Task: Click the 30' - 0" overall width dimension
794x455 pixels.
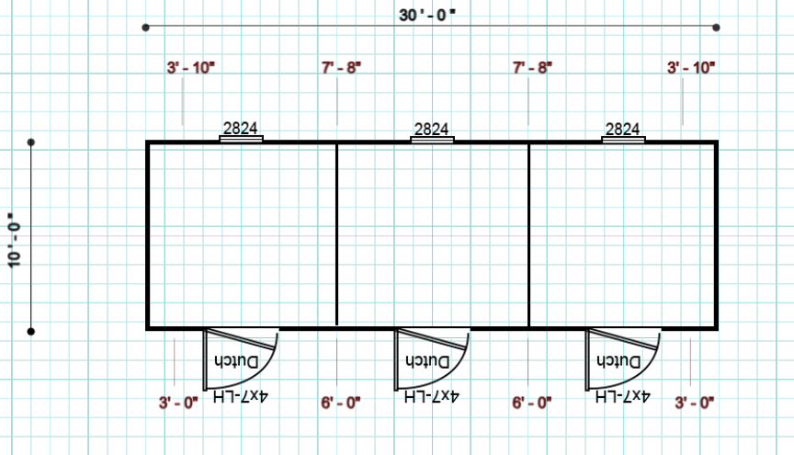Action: (427, 15)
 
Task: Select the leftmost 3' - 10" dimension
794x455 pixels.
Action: (191, 67)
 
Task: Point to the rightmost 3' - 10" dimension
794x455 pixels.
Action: (691, 67)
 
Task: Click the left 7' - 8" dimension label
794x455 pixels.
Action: (341, 67)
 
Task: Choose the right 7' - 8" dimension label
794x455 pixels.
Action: (532, 67)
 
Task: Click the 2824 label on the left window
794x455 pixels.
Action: (240, 128)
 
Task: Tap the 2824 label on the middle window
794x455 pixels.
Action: (431, 129)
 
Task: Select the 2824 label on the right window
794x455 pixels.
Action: (622, 129)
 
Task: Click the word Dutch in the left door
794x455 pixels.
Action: (236, 361)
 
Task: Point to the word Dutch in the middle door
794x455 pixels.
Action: (427, 361)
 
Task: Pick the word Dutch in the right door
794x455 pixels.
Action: (618, 361)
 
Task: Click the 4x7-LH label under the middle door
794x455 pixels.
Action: (431, 396)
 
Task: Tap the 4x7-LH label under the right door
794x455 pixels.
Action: (622, 396)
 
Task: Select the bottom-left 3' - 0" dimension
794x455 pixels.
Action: (178, 403)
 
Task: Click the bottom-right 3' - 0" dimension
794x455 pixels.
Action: (694, 403)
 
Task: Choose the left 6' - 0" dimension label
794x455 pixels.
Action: (341, 403)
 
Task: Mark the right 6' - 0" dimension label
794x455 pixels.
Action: (532, 403)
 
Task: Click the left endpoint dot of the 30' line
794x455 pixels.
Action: (146, 28)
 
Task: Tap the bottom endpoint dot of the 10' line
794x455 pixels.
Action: (31, 332)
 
